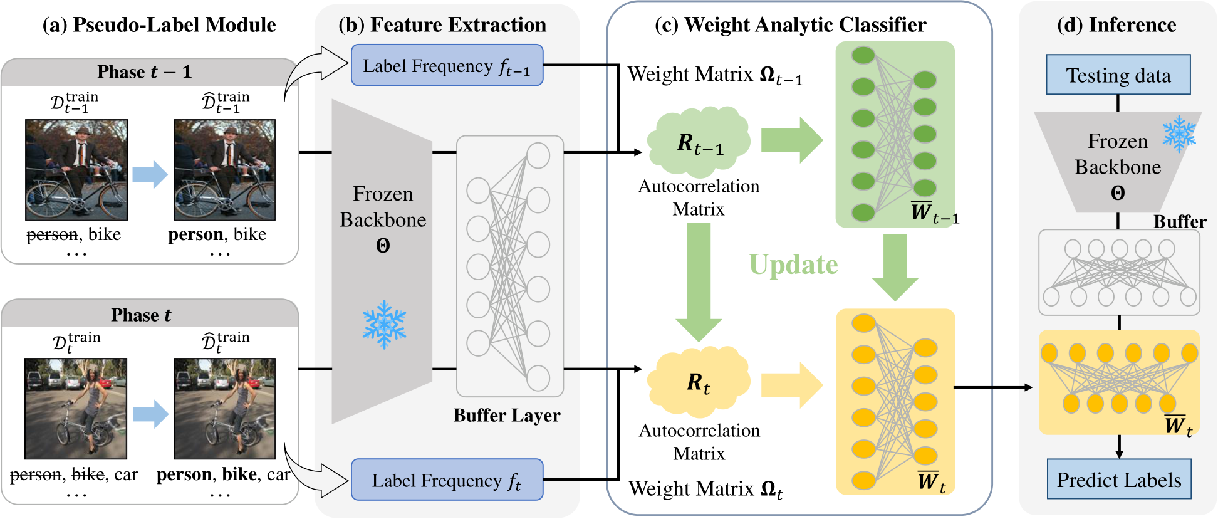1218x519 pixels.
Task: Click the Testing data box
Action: coord(1118,75)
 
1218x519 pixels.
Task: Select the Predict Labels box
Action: coord(1118,480)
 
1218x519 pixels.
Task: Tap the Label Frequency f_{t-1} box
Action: coord(447,66)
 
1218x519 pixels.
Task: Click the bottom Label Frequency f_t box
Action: coord(447,480)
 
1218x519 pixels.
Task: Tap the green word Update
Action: coord(793,265)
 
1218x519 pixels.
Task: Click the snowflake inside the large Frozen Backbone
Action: coord(384,324)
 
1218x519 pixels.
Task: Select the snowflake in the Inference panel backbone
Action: coord(1179,134)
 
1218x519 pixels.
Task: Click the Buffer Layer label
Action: coord(506,416)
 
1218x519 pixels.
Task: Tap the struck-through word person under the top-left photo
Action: coord(53,235)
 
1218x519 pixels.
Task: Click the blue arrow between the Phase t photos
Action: coord(150,414)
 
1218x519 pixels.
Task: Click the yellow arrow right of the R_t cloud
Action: coord(791,384)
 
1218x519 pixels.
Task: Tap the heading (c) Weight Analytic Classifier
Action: coord(790,25)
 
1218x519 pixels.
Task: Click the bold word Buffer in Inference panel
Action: coord(1179,222)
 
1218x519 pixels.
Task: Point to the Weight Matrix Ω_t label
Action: coord(705,489)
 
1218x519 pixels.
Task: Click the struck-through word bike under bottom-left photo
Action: coord(88,475)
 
